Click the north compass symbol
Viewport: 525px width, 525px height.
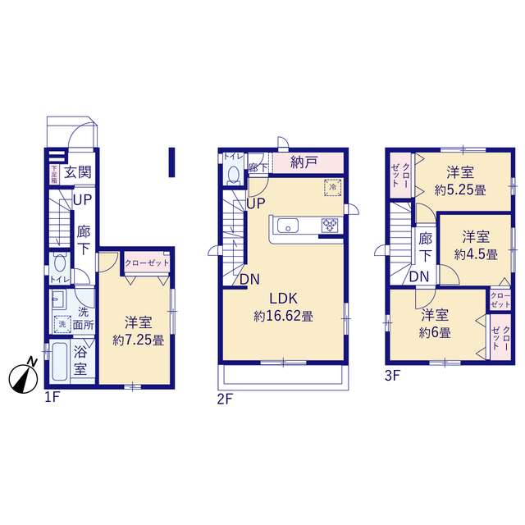[x=23, y=378]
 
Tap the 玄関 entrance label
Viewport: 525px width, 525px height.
[x=78, y=172]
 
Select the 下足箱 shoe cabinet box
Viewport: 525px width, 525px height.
[x=54, y=174]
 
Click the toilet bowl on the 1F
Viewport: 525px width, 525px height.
[x=60, y=263]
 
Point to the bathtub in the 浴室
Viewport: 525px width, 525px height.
[x=60, y=362]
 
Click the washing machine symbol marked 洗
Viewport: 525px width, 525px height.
[x=62, y=324]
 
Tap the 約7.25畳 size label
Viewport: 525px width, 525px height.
[x=139, y=340]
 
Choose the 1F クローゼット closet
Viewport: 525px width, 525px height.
[x=147, y=262]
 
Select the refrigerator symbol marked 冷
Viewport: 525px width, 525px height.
[x=333, y=187]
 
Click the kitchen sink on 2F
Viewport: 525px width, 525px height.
[x=288, y=226]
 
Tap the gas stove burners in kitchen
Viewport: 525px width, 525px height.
[x=330, y=226]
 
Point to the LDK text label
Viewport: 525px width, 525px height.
[x=284, y=298]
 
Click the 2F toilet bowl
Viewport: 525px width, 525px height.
[x=233, y=175]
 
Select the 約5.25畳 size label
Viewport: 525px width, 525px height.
[x=460, y=190]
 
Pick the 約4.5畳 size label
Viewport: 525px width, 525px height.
[x=476, y=254]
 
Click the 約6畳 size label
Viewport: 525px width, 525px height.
[x=435, y=332]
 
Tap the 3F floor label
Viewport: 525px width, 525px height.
[x=392, y=376]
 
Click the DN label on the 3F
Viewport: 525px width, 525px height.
[x=419, y=276]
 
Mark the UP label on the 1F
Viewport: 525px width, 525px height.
[x=82, y=200]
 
